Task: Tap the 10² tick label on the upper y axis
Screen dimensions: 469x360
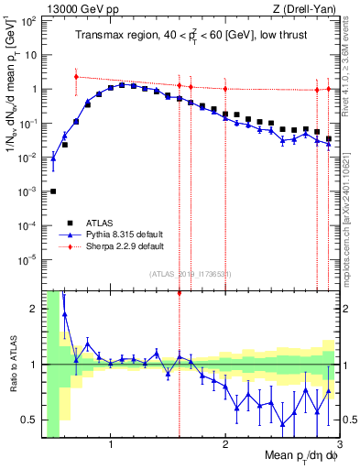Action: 28,20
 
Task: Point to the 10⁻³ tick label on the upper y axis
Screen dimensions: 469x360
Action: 28,191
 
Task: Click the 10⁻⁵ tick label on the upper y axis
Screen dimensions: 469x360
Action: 28,259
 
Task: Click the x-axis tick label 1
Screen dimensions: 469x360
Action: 111,445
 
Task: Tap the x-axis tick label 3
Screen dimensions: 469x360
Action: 339,445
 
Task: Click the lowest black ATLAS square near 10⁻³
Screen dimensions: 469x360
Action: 53,191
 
